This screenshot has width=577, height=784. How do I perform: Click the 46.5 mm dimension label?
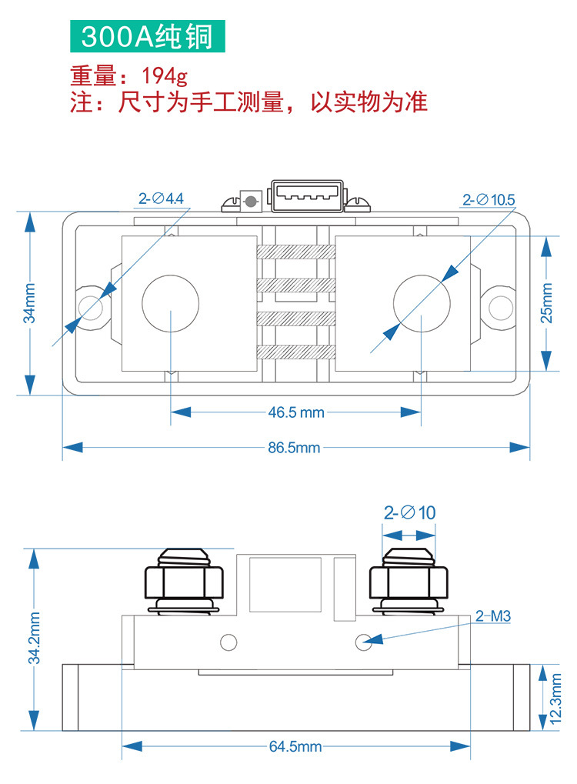coord(296,412)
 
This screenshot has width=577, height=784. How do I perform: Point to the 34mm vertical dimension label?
coord(29,302)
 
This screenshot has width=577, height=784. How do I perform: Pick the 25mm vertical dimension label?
coord(547,302)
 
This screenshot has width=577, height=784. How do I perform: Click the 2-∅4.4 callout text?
coord(161,199)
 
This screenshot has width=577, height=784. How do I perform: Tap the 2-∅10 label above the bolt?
coord(409,512)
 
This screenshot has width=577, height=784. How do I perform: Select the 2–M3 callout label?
coord(493,616)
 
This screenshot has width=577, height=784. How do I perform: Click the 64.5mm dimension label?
coord(295,746)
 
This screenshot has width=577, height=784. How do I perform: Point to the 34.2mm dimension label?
coord(35,638)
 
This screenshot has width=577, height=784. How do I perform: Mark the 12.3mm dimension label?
coord(556,699)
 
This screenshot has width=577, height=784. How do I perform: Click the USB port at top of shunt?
coord(305,196)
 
